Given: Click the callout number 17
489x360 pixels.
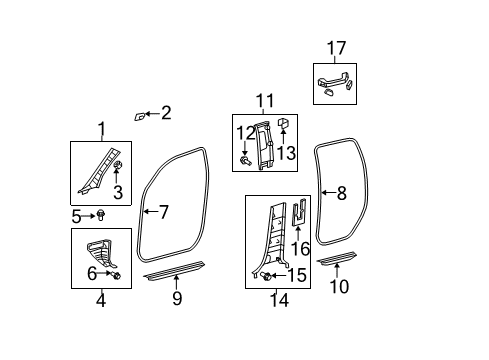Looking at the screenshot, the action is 336,48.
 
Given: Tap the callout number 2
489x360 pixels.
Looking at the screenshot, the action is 166,113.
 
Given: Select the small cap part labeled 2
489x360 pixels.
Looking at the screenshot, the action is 140,116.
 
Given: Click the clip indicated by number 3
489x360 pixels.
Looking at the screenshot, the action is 117,165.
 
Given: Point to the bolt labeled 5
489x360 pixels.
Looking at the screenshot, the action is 100,215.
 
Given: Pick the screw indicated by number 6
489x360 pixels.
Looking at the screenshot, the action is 116,275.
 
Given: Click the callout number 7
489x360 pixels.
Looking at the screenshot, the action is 164,212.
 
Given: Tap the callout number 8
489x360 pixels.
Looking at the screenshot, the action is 342,193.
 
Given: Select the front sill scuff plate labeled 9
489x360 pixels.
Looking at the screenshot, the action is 174,270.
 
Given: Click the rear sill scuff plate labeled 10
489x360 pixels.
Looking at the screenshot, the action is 337,259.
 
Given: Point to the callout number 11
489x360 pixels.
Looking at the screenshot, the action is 265,101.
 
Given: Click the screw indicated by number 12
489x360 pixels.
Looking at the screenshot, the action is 245,161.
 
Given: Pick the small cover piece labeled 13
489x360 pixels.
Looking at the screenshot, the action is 283,123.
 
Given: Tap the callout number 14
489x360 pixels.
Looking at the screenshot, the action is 279,300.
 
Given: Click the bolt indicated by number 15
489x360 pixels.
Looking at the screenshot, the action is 266,275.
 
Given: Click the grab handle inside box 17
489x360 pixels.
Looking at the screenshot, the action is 335,83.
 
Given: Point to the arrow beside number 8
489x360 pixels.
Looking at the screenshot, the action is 329,193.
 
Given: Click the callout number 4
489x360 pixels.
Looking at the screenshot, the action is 101,300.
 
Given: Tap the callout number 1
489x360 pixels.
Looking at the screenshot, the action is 102,129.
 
